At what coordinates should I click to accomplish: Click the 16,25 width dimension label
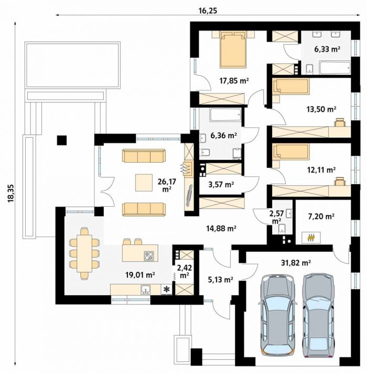208,11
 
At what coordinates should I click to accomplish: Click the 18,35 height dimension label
12,194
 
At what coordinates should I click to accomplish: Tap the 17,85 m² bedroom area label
234,81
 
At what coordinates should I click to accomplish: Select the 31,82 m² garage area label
296,263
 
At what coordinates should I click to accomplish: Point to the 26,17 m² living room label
167,185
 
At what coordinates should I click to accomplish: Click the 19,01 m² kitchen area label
140,275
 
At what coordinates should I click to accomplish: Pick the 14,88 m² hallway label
221,228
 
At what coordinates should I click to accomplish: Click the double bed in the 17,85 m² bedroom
233,49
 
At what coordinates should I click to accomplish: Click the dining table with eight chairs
84,253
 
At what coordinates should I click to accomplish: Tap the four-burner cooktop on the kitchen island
149,256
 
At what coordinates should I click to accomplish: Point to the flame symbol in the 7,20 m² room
311,238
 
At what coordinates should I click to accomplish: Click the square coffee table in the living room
144,183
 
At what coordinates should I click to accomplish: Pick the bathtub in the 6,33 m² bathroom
335,68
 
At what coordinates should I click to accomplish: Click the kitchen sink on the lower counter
145,290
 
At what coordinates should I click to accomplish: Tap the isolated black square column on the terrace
62,140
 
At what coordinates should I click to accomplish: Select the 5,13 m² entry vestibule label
220,280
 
